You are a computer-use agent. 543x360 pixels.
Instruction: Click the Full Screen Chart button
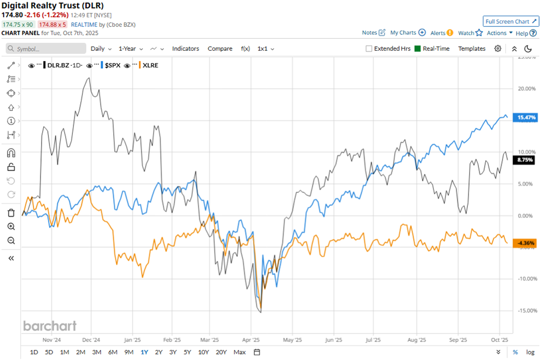[x=511, y=21]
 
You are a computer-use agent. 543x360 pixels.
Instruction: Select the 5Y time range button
[x=187, y=352]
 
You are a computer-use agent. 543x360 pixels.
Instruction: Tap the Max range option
[x=239, y=352]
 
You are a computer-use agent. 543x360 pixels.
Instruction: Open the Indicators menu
[x=185, y=49]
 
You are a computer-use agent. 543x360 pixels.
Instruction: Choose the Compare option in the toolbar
[x=220, y=49]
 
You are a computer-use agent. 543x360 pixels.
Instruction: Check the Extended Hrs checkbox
[x=369, y=49]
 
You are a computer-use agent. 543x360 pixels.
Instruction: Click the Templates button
[x=472, y=49]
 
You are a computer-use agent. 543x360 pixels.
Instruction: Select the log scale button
[x=531, y=352]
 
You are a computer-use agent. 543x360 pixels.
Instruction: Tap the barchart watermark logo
[x=50, y=326]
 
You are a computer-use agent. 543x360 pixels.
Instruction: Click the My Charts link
[x=408, y=33]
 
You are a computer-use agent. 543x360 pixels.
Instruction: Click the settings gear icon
[x=498, y=49]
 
